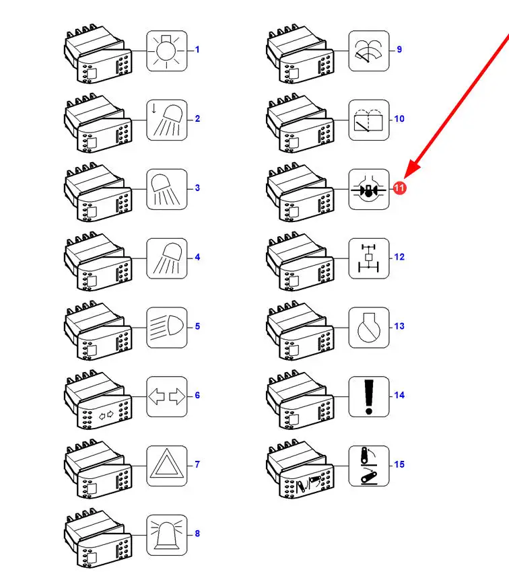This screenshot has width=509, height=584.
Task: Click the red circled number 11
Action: click(x=399, y=188)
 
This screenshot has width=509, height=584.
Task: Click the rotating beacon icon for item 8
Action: click(x=166, y=535)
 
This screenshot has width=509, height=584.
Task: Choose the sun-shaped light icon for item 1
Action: click(x=166, y=50)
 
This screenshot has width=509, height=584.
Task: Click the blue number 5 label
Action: click(x=197, y=326)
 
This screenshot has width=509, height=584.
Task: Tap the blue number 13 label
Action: click(x=399, y=326)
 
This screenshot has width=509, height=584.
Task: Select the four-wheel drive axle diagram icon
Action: click(x=369, y=258)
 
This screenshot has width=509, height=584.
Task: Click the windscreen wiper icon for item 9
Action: click(x=369, y=50)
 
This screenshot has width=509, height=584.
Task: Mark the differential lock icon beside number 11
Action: click(x=369, y=189)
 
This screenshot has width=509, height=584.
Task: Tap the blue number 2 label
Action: click(x=197, y=119)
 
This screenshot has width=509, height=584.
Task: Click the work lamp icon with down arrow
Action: click(x=166, y=120)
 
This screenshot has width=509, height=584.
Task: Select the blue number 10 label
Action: click(x=399, y=119)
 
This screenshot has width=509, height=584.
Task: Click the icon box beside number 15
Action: click(x=369, y=466)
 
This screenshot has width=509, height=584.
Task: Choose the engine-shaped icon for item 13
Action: click(x=369, y=328)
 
